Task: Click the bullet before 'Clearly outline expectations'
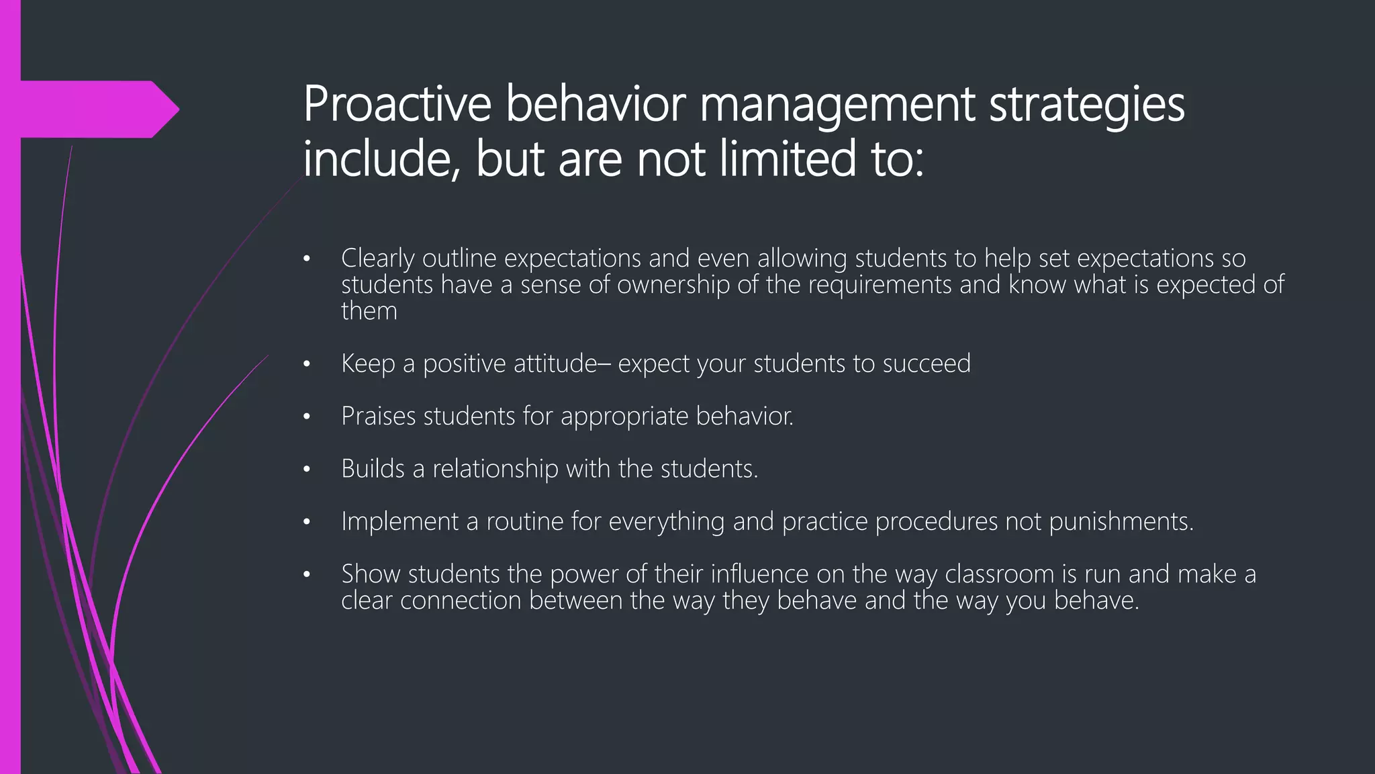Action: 306,259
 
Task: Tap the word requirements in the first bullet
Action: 880,285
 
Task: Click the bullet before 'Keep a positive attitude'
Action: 306,364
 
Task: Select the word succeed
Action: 927,363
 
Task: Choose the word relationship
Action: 495,469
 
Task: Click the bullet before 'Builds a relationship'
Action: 306,470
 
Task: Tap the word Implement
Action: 399,522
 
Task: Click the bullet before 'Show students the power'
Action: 306,575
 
